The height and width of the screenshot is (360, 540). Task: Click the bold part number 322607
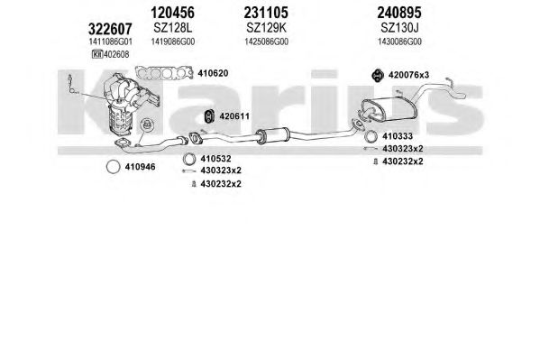[110, 29]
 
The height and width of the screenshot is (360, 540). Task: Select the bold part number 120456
[172, 13]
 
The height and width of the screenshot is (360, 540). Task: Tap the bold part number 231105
[266, 13]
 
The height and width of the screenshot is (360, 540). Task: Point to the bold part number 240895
[399, 13]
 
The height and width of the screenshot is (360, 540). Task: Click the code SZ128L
[172, 28]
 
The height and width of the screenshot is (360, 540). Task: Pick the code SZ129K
[266, 28]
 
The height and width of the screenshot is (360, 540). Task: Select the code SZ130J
[399, 28]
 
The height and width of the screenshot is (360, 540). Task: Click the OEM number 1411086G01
[110, 42]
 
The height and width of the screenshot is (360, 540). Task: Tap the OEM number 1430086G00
[399, 42]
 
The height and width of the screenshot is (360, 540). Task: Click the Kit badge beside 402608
[97, 54]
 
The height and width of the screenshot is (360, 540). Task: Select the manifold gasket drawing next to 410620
[164, 73]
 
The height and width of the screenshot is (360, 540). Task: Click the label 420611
[234, 116]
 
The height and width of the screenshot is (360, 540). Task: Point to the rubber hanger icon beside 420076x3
[378, 75]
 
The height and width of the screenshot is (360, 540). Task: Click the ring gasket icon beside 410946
[114, 161]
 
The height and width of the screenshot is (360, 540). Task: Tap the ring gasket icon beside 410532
[189, 153]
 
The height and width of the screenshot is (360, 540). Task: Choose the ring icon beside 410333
[371, 131]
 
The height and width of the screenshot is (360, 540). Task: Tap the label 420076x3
[408, 75]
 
